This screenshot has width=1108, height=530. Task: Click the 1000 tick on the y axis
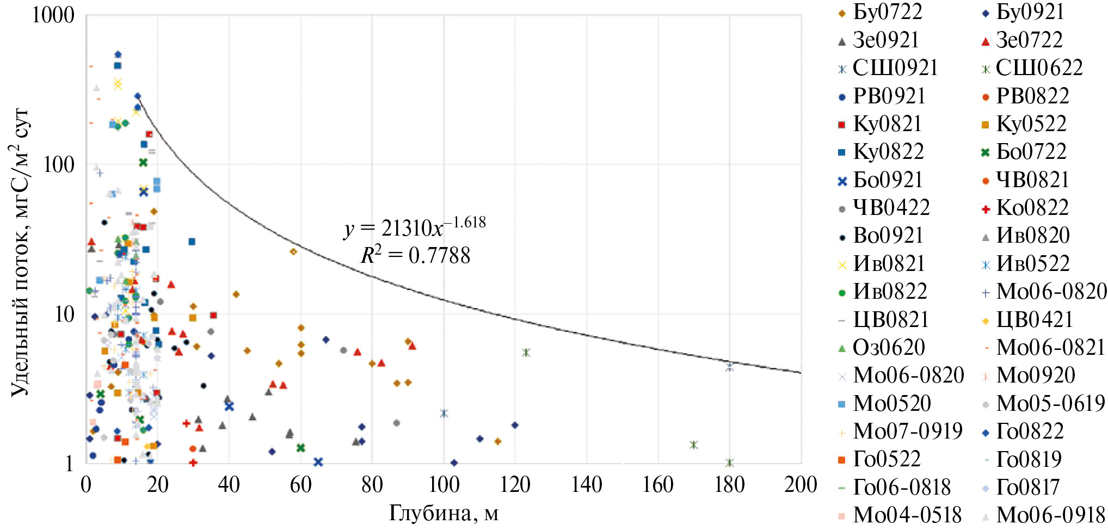pos(53,15)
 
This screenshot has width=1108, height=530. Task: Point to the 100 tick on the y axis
pos(59,164)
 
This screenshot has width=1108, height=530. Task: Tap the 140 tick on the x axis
pos(586,484)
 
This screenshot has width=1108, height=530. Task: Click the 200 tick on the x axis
pos(801,484)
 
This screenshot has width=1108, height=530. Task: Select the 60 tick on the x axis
pos(300,484)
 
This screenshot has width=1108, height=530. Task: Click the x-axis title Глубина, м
pos(444,513)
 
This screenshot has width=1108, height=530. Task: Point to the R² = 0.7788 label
pos(415,255)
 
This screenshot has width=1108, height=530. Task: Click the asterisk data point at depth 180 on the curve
pos(730,367)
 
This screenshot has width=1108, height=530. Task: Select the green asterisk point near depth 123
pos(526,353)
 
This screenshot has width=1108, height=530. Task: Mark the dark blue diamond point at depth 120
pos(515,425)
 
